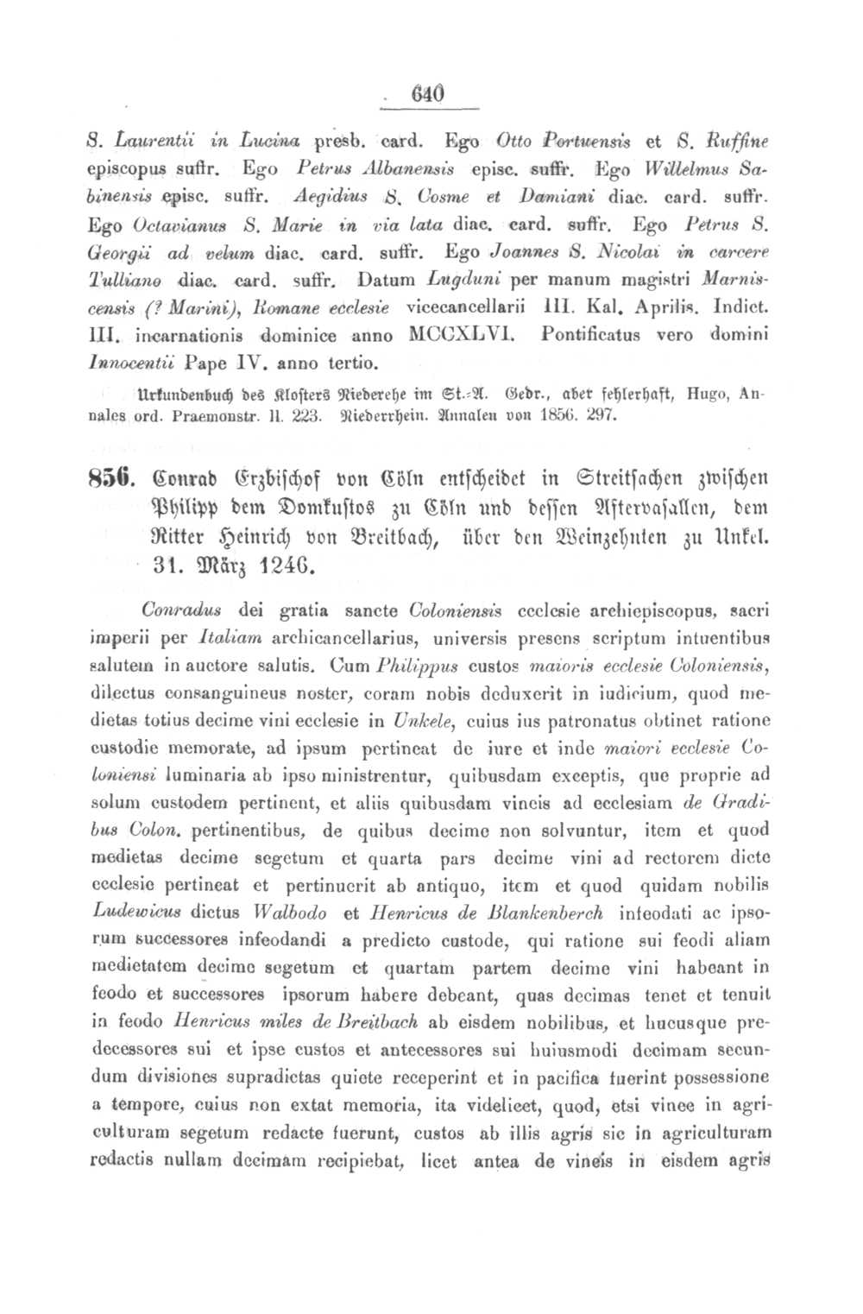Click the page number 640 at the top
[x=428, y=93]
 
